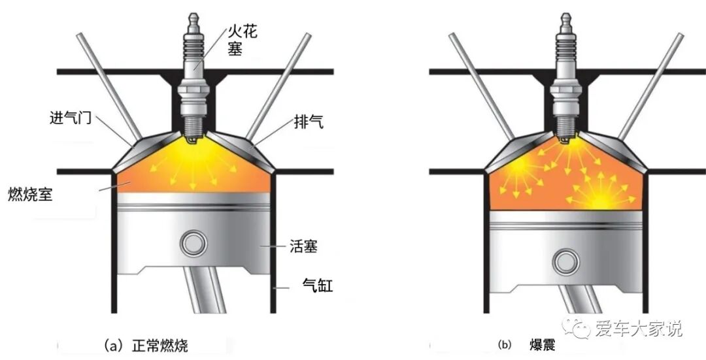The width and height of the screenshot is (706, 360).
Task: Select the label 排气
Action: pos(308,122)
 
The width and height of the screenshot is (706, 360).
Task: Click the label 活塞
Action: pos(304,247)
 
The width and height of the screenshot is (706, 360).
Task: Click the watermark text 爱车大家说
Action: pos(639,329)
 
